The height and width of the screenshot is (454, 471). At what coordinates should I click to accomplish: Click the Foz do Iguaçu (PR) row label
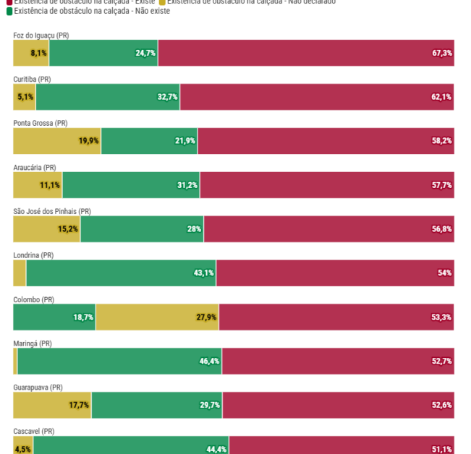[x=41, y=35]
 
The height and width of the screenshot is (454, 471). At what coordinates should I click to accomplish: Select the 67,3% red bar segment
[x=306, y=53]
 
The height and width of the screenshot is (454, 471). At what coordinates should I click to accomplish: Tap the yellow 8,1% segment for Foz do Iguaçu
[x=31, y=53]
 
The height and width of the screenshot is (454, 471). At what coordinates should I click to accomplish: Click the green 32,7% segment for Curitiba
[x=108, y=97]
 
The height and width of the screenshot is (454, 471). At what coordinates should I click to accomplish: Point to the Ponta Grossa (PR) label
[x=40, y=123]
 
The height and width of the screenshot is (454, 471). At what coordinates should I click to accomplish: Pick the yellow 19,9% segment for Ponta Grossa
[x=57, y=141]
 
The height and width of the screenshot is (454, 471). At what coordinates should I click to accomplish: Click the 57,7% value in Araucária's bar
[x=441, y=185]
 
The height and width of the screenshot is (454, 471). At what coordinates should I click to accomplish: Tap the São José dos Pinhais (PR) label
[x=52, y=211]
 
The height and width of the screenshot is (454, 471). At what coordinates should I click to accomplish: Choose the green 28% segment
[x=142, y=229]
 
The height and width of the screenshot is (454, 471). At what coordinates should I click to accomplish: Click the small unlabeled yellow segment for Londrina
[x=20, y=273]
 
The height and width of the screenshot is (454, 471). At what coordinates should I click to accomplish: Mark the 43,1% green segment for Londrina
[x=121, y=273]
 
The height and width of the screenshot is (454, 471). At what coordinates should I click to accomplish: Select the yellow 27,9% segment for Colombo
[x=157, y=317]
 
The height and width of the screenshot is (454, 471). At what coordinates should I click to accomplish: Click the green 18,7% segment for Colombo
[x=54, y=317]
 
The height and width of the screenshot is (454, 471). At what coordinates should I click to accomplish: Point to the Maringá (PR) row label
[x=33, y=343]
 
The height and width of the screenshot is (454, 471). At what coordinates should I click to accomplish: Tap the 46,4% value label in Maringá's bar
[x=210, y=361]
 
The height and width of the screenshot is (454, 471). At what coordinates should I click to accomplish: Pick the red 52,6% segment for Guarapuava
[x=338, y=406]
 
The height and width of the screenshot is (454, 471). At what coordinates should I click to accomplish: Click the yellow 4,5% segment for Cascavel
[x=23, y=448]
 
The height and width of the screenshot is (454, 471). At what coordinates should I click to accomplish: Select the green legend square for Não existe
[x=9, y=11]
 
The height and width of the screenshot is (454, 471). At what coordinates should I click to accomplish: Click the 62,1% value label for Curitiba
[x=441, y=97]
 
